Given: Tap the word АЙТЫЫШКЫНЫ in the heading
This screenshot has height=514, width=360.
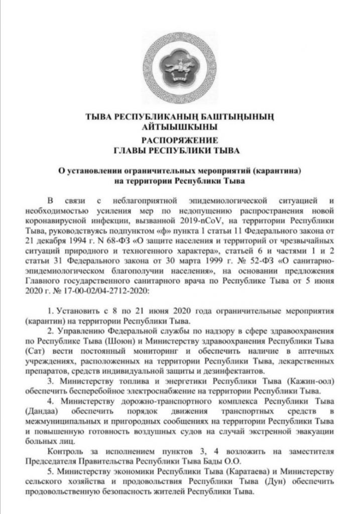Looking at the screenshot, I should point(179,127).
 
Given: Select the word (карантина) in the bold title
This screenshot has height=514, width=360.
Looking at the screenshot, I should point(279,171).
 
